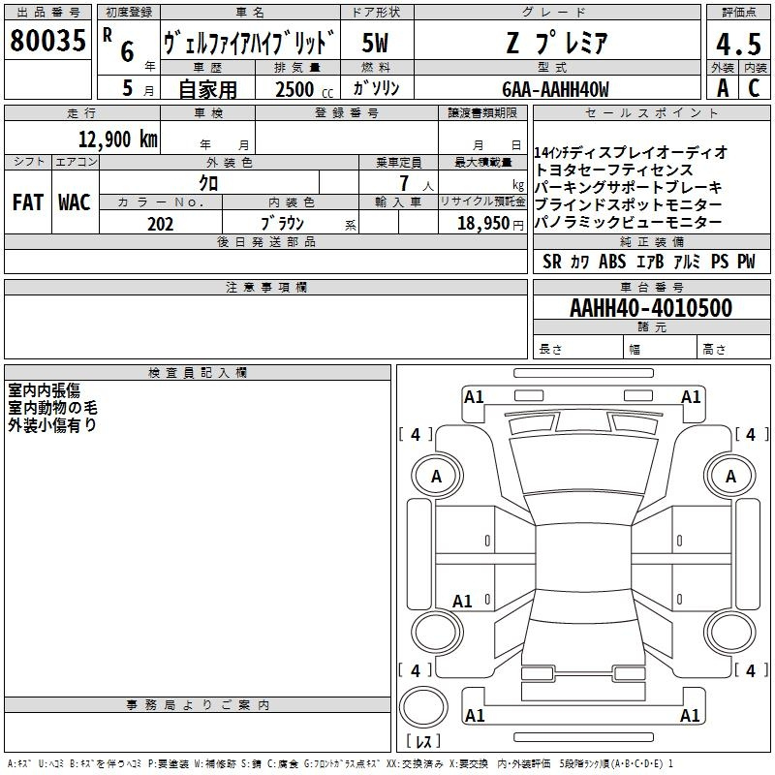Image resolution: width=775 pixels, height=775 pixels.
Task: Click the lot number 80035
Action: click(x=47, y=41)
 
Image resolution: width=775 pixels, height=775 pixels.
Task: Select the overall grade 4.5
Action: click(x=738, y=45)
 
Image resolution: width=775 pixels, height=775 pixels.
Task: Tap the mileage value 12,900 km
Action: click(x=118, y=139)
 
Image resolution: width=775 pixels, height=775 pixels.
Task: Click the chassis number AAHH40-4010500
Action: click(x=651, y=308)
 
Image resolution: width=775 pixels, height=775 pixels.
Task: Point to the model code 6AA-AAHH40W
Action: click(x=555, y=89)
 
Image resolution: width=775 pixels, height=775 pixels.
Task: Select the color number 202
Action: click(x=160, y=224)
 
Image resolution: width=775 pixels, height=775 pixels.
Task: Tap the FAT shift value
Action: click(x=28, y=202)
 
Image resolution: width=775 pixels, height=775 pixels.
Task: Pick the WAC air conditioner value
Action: click(x=75, y=202)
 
